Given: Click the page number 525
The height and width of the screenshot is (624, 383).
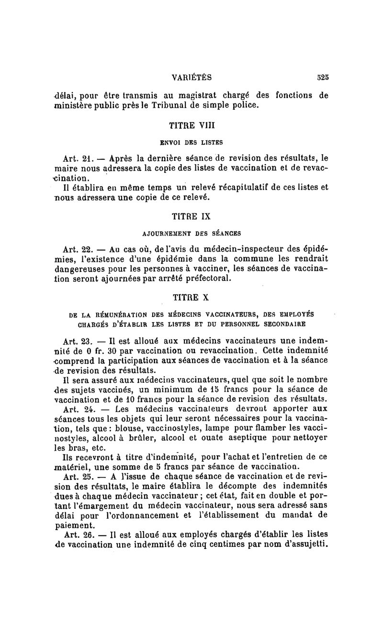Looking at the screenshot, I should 322,77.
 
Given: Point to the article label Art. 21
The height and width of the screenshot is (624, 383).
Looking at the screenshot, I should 76,158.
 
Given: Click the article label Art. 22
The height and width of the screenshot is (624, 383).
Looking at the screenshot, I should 77,249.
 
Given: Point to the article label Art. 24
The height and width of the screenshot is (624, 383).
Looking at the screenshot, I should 77,410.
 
